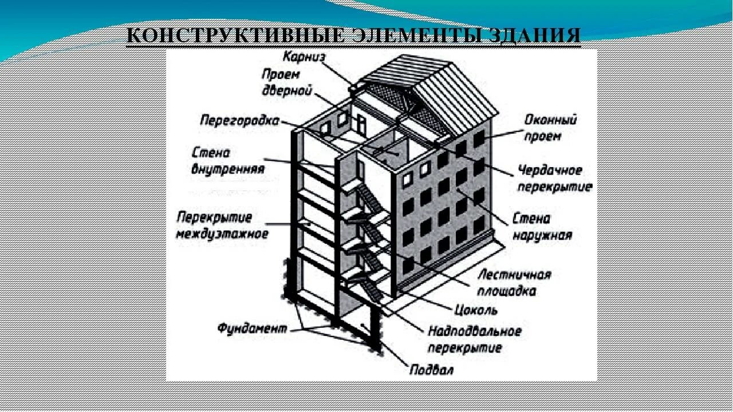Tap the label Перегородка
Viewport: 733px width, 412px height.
pos(239,121)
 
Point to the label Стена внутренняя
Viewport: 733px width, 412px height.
pos(228,161)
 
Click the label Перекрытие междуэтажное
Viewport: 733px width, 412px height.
pos(222,225)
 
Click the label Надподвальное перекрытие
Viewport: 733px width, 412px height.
pos(474,339)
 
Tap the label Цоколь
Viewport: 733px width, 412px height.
pos(475,310)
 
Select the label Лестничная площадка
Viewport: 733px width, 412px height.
pos(514,282)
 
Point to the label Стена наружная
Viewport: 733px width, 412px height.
pos(539,227)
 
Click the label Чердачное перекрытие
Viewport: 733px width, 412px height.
pos(554,179)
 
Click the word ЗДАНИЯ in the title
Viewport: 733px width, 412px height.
pos(535,35)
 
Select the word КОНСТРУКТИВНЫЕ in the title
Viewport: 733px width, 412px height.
pos(235,35)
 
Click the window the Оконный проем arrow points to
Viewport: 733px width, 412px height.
pos(479,138)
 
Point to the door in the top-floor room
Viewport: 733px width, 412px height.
pos(361,122)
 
